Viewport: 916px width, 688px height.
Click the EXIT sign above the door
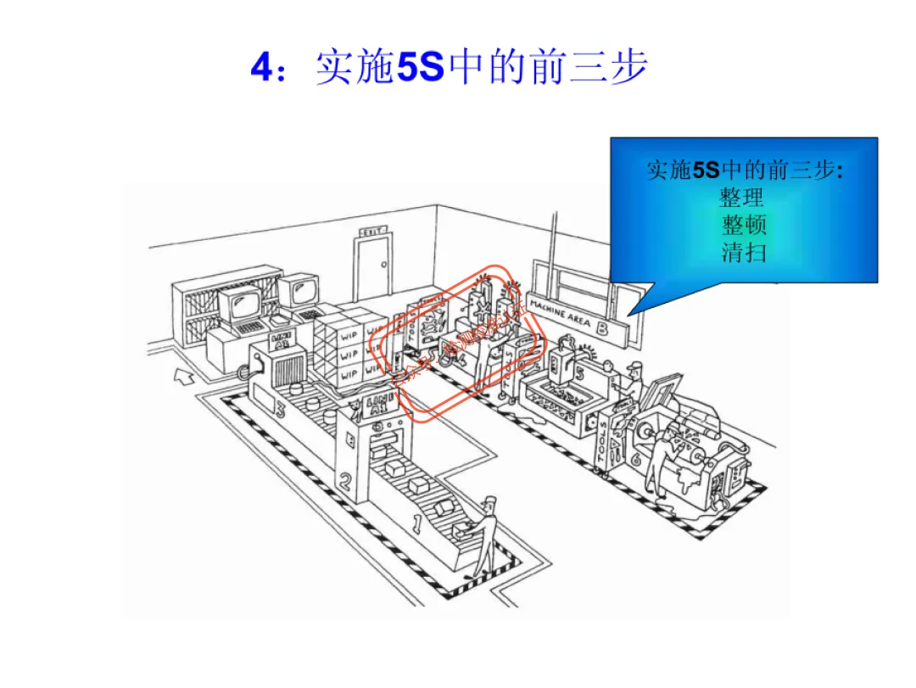click(x=373, y=231)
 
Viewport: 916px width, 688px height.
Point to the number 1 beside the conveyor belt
click(x=416, y=523)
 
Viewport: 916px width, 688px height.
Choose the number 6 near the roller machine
click(x=635, y=459)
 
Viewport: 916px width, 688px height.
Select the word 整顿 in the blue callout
click(x=744, y=225)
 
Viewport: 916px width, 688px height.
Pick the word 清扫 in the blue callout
click(x=744, y=252)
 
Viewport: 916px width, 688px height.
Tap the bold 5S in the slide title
click(x=421, y=68)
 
